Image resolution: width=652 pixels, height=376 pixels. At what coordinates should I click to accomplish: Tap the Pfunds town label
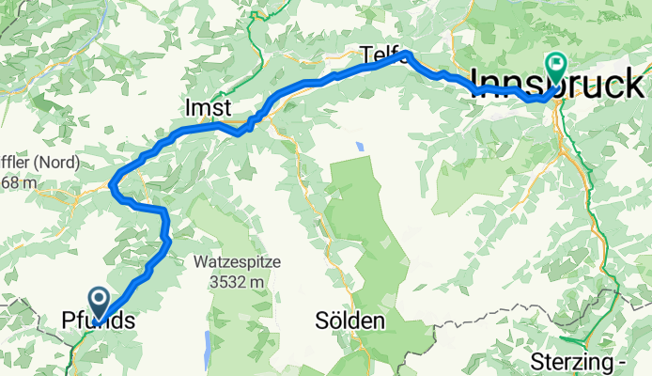click(x=98, y=321)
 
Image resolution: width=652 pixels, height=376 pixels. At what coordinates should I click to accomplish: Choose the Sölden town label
click(x=350, y=321)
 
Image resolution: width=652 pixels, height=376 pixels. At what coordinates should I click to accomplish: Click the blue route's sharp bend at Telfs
click(x=406, y=55)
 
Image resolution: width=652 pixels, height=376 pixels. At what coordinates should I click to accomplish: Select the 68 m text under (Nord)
click(x=19, y=181)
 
